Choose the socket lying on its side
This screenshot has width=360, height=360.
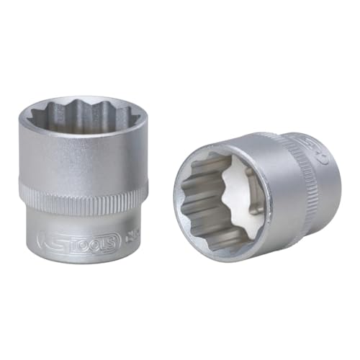click(x=252, y=194)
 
